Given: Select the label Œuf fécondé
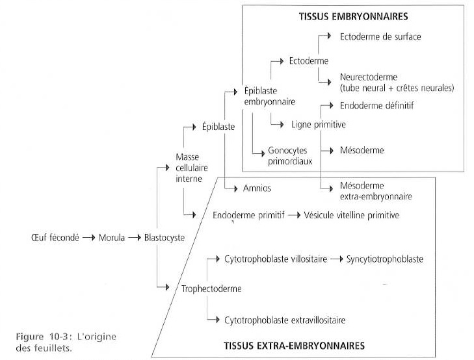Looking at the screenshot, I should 54,238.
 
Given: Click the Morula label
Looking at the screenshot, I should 112,238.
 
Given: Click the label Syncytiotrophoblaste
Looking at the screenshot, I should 385,259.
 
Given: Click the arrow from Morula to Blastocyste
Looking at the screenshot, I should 134,238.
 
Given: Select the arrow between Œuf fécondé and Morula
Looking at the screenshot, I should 88,238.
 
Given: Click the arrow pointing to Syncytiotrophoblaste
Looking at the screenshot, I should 336,259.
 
